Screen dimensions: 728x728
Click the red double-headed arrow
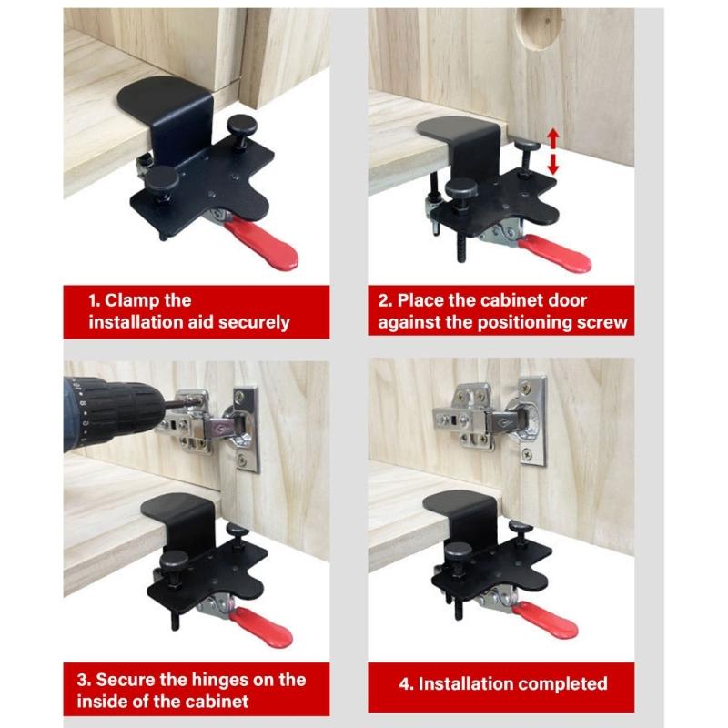(x=552, y=151)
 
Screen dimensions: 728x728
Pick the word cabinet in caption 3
(x=217, y=702)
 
